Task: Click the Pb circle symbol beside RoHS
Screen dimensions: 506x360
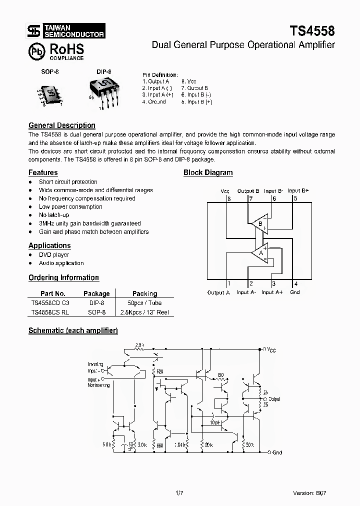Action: click(x=37, y=51)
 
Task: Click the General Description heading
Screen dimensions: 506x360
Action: click(x=62, y=125)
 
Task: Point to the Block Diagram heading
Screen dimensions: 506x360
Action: click(x=208, y=172)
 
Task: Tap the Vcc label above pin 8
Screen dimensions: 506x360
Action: click(x=225, y=191)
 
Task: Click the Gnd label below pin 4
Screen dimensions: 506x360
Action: click(x=295, y=292)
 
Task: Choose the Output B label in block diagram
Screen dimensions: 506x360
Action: click(x=248, y=191)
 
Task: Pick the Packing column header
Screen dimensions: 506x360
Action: click(x=144, y=293)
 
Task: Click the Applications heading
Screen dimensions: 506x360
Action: click(x=49, y=245)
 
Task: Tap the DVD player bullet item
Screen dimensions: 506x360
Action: click(x=54, y=255)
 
